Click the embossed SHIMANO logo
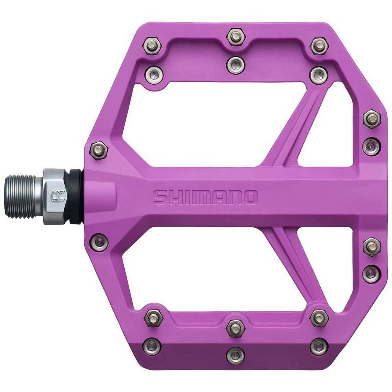(x=205, y=197)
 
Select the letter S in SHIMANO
(x=160, y=197)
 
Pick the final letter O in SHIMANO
(x=250, y=197)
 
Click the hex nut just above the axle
(x=98, y=150)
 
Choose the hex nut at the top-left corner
(x=153, y=46)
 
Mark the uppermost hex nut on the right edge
(x=371, y=118)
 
